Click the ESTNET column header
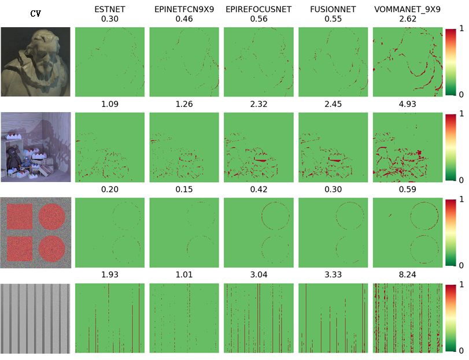click(x=109, y=9)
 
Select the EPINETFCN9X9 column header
click(x=184, y=9)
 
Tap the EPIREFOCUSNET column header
click(x=258, y=9)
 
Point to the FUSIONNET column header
click(x=333, y=9)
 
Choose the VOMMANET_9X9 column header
click(x=407, y=9)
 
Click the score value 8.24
click(x=407, y=277)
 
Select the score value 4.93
click(x=407, y=105)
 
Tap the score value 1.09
click(x=109, y=105)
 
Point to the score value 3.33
click(x=333, y=277)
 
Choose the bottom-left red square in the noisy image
click(x=19, y=248)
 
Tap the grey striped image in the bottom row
click(x=35, y=318)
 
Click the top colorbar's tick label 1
click(x=461, y=28)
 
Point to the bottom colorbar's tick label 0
click(x=461, y=350)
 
